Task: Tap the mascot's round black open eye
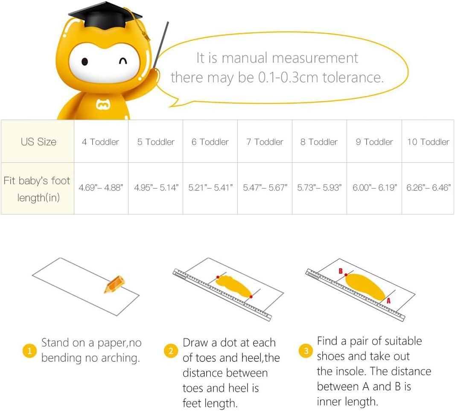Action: pyautogui.click(x=85, y=62)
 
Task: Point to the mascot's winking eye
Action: pyautogui.click(x=123, y=61)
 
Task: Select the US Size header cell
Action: pyautogui.click(x=38, y=141)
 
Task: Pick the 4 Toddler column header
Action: pyautogui.click(x=101, y=141)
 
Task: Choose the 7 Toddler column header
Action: pyautogui.click(x=265, y=141)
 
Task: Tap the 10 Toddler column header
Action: pyautogui.click(x=428, y=141)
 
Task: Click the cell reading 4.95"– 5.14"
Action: pyautogui.click(x=156, y=188)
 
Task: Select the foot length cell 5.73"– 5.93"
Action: pyautogui.click(x=319, y=188)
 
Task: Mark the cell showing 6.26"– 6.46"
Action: pyautogui.click(x=428, y=188)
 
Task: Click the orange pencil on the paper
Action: pyautogui.click(x=114, y=284)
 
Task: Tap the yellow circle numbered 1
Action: pyautogui.click(x=29, y=351)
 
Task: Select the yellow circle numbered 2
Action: pyautogui.click(x=171, y=351)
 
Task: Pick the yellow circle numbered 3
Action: pyautogui.click(x=306, y=351)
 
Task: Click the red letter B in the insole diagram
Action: pyautogui.click(x=341, y=271)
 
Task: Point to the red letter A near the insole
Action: pyautogui.click(x=388, y=301)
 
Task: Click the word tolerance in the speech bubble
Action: pyautogui.click(x=353, y=77)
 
